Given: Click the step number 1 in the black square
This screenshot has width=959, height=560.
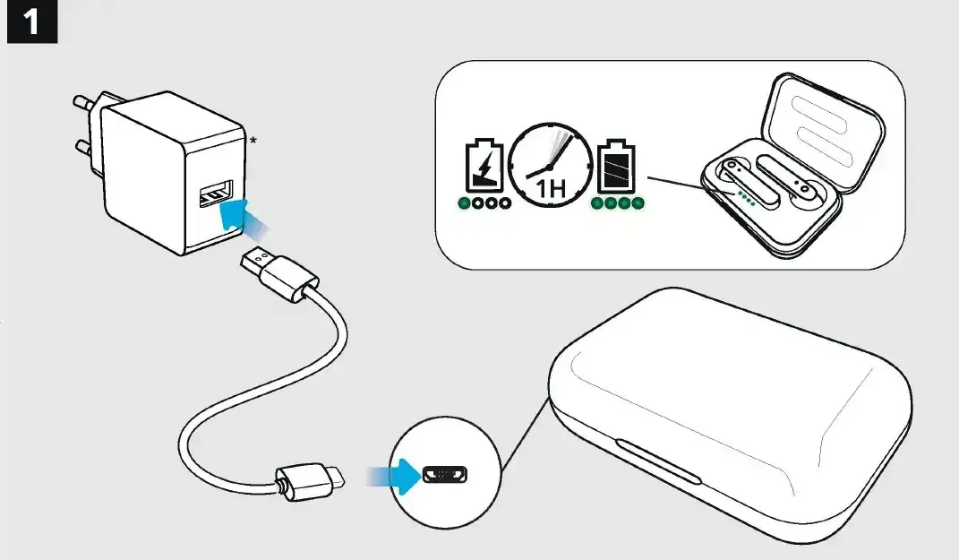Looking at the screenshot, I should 32,22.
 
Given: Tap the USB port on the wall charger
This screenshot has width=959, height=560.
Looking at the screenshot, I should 216,194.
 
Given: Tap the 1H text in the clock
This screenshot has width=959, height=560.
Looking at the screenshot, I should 549,188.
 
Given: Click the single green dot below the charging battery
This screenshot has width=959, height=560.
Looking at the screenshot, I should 464,203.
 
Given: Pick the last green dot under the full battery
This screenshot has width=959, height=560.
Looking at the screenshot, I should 638,203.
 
